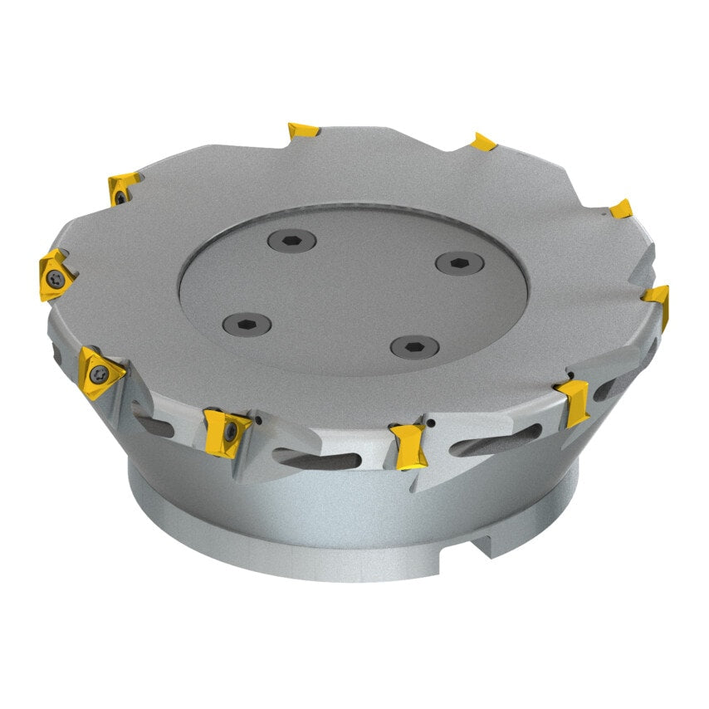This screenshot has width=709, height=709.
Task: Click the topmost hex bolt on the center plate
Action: click(292, 240)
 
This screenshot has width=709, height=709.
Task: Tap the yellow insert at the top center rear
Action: click(303, 130)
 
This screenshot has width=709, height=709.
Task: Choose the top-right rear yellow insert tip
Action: click(484, 142)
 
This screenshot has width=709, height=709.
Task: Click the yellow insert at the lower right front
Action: click(573, 400)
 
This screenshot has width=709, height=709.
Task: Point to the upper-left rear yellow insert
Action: click(123, 188)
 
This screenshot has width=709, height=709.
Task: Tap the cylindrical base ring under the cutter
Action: click(349, 540)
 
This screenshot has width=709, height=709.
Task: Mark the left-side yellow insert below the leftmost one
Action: click(99, 372)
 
